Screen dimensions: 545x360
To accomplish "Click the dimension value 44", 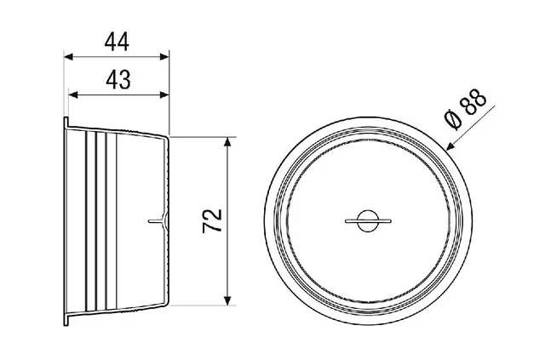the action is pos(117,42).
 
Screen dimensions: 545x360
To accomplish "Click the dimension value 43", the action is pos(118,80).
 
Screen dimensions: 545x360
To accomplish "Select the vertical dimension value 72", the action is pos(212,220).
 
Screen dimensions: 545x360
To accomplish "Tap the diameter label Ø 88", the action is pos(466,109).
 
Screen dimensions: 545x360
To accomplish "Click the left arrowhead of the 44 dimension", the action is pos(69,57).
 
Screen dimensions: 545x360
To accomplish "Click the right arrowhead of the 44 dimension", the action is pos(164,57).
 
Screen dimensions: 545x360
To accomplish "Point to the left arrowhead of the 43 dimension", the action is pos(73,94).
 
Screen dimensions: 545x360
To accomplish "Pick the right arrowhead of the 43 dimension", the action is pos(164,94).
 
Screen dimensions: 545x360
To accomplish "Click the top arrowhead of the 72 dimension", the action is pos(227,142).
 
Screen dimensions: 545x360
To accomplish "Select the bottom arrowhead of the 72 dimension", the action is pos(227,301).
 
